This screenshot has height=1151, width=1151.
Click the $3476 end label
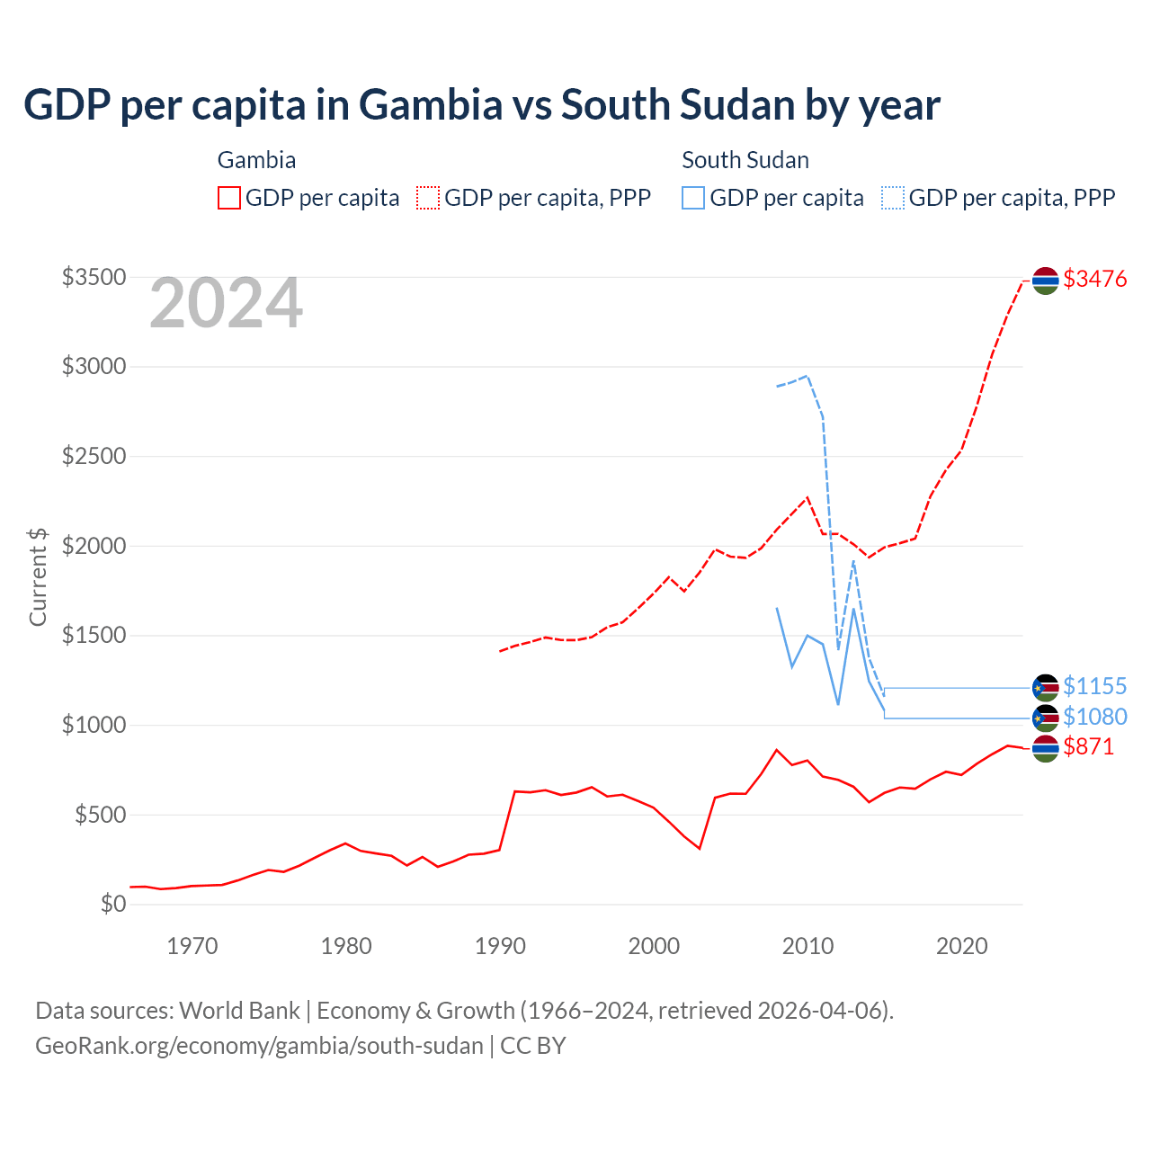click(x=1094, y=279)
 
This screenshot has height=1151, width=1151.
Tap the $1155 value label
click(x=1094, y=686)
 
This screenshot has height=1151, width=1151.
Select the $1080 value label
click(x=1094, y=717)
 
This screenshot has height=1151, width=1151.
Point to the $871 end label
click(x=1088, y=746)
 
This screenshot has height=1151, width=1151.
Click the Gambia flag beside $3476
click(x=1045, y=281)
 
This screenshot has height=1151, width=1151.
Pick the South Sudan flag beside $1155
click(x=1045, y=688)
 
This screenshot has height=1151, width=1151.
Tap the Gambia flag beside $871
click(x=1045, y=748)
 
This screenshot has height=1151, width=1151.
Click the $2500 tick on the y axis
click(x=94, y=456)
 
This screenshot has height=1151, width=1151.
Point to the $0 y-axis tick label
click(x=112, y=904)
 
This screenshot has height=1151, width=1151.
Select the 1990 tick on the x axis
click(x=500, y=946)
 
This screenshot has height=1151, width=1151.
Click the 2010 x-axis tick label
click(x=807, y=946)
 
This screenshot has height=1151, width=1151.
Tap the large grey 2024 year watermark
click(x=226, y=303)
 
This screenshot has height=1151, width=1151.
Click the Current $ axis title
click(x=38, y=576)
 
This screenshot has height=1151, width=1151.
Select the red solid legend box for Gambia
click(x=229, y=198)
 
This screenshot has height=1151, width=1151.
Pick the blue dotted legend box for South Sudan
click(x=893, y=198)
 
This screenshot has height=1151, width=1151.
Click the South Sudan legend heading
click(x=745, y=160)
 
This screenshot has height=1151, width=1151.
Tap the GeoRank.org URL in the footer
click(x=259, y=1046)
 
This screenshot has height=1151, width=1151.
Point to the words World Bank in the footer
click(x=239, y=1011)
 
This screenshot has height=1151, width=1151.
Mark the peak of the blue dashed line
click(x=807, y=376)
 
